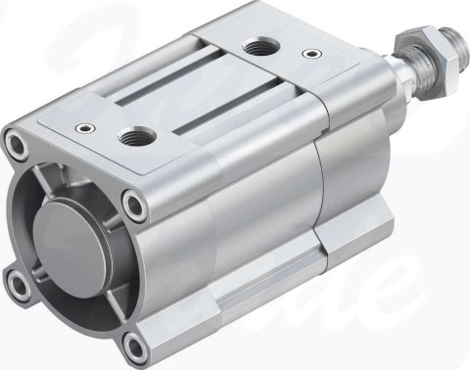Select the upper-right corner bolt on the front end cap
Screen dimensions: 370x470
click(x=133, y=205)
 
